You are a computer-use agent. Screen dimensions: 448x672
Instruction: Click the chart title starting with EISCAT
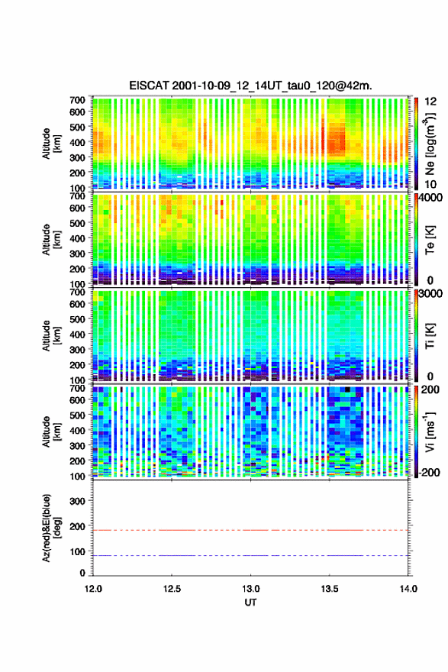pos(250,86)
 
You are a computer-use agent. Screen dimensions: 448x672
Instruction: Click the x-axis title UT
pos(250,603)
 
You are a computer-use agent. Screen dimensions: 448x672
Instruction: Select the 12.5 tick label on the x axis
pos(171,589)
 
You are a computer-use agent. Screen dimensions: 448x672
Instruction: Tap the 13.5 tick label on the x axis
pos(330,589)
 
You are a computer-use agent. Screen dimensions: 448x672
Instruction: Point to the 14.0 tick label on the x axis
pos(408,589)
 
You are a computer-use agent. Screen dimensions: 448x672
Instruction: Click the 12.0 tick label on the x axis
pos(93,589)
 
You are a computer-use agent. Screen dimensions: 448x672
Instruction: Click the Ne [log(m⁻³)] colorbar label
pos(430,144)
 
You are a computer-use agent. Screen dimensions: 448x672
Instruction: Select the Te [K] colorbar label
pos(430,240)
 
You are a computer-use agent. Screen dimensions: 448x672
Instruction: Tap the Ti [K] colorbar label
pos(430,335)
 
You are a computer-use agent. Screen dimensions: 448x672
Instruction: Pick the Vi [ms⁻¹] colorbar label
pos(430,431)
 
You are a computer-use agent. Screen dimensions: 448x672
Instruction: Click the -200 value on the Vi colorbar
pos(429,472)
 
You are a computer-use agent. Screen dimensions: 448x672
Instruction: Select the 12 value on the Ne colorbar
pos(430,102)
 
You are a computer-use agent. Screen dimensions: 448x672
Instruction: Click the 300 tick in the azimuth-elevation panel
pos(77,501)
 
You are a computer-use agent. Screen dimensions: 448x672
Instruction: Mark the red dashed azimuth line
pos(250,530)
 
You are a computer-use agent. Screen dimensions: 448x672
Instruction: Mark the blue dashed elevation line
pos(250,555)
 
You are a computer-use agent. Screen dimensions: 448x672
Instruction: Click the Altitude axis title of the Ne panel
pos(51,144)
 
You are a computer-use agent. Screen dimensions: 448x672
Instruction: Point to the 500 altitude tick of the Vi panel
pos(77,415)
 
